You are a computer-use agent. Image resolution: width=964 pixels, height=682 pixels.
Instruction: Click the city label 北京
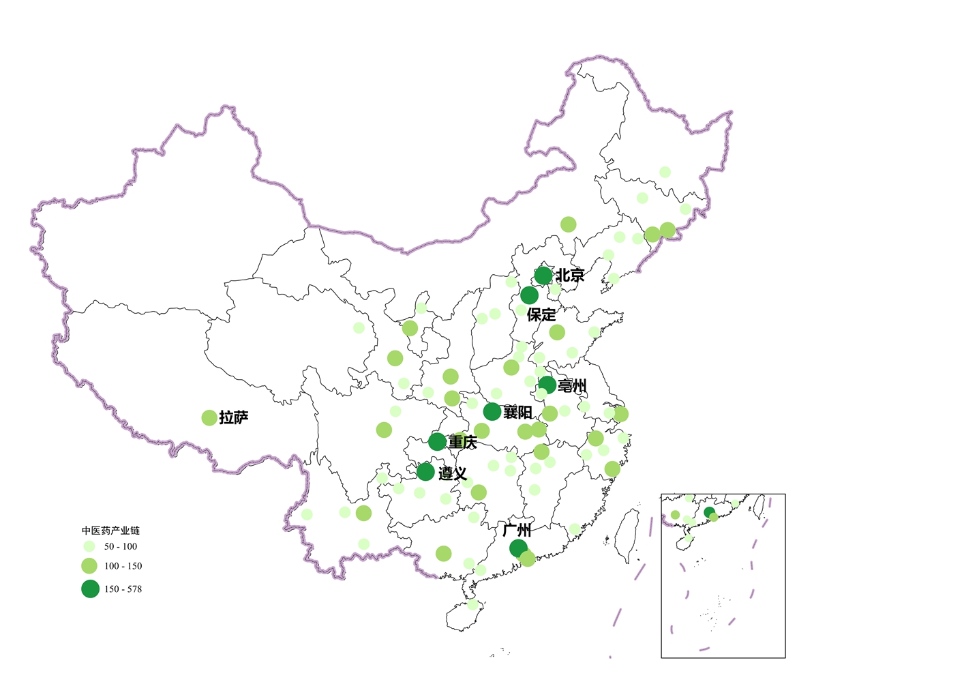[x=570, y=276]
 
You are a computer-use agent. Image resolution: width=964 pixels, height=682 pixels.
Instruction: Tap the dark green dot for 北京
[x=543, y=276]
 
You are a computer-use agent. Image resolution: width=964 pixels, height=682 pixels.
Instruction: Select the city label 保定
[x=541, y=315]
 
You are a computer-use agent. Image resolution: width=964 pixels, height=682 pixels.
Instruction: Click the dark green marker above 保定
[x=529, y=295]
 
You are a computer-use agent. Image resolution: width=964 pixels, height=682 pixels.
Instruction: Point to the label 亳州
[x=572, y=386]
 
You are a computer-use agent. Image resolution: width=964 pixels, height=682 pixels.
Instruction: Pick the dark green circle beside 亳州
[x=547, y=385]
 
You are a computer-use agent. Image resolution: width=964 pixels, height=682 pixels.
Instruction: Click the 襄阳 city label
[x=517, y=413]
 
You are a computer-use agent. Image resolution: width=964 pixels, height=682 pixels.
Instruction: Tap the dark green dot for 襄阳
[x=492, y=411]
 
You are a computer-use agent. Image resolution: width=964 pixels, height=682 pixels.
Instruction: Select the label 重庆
[x=463, y=443]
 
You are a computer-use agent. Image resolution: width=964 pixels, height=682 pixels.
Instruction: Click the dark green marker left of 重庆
[x=438, y=441]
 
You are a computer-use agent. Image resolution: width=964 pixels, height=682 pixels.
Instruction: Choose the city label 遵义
[x=453, y=473]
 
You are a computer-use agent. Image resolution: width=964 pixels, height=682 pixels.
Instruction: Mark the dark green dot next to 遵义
[x=425, y=471]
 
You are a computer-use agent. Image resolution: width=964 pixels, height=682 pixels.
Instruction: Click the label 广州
[x=517, y=530]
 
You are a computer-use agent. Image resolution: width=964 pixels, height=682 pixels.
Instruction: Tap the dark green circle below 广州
[x=518, y=548]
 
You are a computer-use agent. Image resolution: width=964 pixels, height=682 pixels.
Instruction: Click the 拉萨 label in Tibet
[x=234, y=418]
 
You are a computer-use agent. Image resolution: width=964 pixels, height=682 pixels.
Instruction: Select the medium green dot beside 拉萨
[x=209, y=417]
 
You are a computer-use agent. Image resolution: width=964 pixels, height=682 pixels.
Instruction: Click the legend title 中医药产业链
[x=110, y=531]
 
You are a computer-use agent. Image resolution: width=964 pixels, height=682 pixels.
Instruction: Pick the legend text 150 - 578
[x=123, y=589]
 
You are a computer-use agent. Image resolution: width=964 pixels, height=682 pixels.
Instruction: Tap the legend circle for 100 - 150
[x=89, y=565]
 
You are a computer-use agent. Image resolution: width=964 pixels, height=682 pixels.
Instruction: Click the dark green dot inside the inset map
[x=709, y=512]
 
